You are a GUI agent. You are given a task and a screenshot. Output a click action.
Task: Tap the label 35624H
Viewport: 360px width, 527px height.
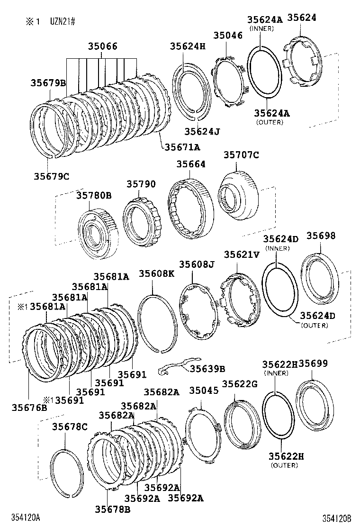coord(188,46)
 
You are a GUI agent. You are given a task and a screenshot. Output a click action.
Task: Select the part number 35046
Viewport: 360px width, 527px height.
coord(227,35)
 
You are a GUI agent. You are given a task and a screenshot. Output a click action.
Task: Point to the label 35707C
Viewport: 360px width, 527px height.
coord(242,154)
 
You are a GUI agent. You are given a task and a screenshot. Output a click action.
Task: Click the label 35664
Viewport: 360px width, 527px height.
coord(191,164)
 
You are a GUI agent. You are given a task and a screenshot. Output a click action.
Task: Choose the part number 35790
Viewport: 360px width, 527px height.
coord(141,183)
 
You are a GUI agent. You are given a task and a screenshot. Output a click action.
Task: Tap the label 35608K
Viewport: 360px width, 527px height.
coord(156,273)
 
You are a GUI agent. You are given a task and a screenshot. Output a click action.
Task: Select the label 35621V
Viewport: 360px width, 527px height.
coord(242,254)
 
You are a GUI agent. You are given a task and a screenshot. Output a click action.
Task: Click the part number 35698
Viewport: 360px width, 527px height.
coord(321,236)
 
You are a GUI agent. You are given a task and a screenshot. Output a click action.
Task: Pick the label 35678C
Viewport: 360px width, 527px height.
coord(70,427)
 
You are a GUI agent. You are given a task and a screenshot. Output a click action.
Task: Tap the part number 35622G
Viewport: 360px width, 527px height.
coord(239,384)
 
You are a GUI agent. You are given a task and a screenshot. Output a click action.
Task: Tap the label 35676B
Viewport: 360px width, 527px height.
coord(29,407)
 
